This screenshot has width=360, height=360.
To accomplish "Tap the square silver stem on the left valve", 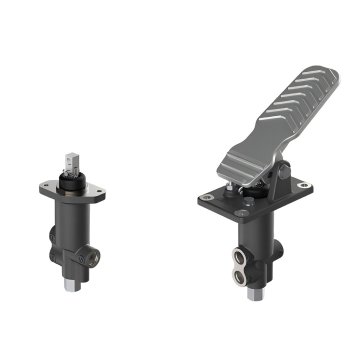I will pos(72,161).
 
